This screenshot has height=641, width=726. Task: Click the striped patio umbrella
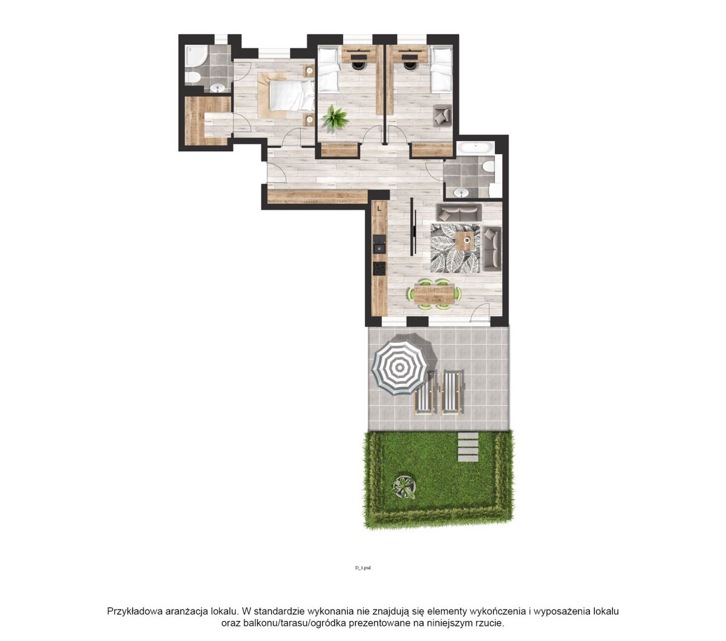coord(399,367)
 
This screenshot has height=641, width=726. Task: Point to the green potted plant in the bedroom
coord(335,117)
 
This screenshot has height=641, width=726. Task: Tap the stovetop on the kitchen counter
coord(379,268)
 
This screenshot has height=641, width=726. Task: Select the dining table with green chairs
coord(434,294)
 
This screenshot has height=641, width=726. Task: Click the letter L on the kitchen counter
coord(379,207)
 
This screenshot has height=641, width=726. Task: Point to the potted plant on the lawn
coord(405,487)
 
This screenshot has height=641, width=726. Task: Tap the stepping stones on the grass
coord(468,446)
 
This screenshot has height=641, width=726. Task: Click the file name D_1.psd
coord(362,568)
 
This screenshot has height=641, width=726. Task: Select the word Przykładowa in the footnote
coord(135,611)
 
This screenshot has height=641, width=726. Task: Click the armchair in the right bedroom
coord(443,115)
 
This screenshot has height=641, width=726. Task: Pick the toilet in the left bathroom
coord(192,77)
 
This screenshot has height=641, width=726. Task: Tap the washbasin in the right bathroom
coord(461,193)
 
